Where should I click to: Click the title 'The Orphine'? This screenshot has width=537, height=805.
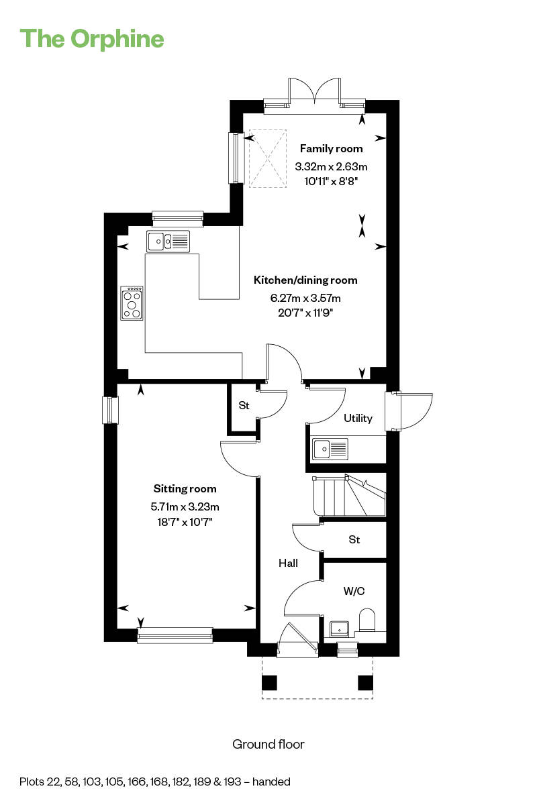(x=92, y=39)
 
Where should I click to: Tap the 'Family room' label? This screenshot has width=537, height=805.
(x=332, y=149)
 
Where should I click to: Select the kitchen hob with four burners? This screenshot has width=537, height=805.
(x=132, y=303)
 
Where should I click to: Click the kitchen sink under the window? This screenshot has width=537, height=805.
(x=168, y=241)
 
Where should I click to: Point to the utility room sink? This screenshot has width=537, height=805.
(x=330, y=449)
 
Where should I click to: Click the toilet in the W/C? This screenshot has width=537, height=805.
(x=367, y=620)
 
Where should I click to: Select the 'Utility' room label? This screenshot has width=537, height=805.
(x=358, y=419)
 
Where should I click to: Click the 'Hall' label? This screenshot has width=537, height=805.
(x=288, y=563)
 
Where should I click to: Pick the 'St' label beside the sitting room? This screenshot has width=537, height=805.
(x=244, y=406)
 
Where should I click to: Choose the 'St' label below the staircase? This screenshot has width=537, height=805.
(x=354, y=539)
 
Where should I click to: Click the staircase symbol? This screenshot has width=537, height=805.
(x=349, y=496)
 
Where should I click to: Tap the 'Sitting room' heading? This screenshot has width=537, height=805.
(x=185, y=489)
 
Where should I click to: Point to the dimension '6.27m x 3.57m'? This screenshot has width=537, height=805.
(x=305, y=298)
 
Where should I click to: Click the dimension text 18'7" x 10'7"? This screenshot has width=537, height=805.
(x=185, y=522)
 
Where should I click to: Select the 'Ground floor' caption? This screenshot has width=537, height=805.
(x=268, y=744)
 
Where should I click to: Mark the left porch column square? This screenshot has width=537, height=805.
(x=269, y=683)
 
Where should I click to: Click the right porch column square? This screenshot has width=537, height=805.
(x=365, y=683)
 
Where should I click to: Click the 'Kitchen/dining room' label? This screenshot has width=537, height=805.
(x=305, y=280)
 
